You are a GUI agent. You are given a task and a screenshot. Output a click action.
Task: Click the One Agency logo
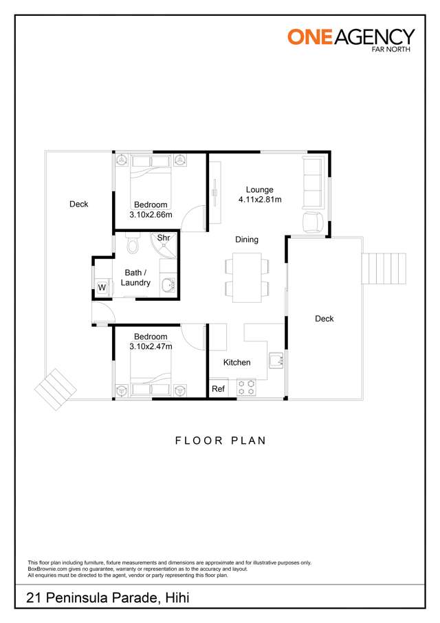click(x=351, y=40)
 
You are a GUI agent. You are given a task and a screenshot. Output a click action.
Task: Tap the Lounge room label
click(x=259, y=189)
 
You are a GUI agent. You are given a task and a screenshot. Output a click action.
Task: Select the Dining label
click(x=247, y=240)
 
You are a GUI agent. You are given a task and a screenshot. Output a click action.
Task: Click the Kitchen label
click(x=237, y=362)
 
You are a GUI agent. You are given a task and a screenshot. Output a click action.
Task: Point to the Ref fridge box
click(x=218, y=388)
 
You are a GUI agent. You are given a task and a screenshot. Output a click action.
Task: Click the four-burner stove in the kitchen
click(x=246, y=388)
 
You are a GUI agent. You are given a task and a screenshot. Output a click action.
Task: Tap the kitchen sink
click(x=276, y=360)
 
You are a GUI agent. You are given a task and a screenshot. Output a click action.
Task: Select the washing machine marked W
click(x=102, y=287)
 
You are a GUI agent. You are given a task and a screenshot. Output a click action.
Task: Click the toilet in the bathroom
click(x=133, y=242)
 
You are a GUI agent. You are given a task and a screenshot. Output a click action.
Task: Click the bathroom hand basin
click(x=168, y=285)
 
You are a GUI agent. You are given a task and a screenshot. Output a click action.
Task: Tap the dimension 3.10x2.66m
click(x=151, y=215)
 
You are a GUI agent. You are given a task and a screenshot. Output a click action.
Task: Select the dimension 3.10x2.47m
click(x=151, y=346)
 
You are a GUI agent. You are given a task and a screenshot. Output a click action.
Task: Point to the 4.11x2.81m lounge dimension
click(x=260, y=200)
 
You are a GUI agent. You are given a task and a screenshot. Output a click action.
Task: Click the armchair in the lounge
click(x=313, y=222)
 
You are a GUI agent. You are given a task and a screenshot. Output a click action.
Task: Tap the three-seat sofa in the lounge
click(x=312, y=183)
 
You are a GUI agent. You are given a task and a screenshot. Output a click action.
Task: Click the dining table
click(x=247, y=277)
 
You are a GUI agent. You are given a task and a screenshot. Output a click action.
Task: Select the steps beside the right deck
click(x=384, y=268)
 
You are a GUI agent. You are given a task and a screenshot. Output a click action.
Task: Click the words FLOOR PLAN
click(x=221, y=441)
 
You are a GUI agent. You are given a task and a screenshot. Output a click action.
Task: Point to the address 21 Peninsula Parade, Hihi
click(x=107, y=598)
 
